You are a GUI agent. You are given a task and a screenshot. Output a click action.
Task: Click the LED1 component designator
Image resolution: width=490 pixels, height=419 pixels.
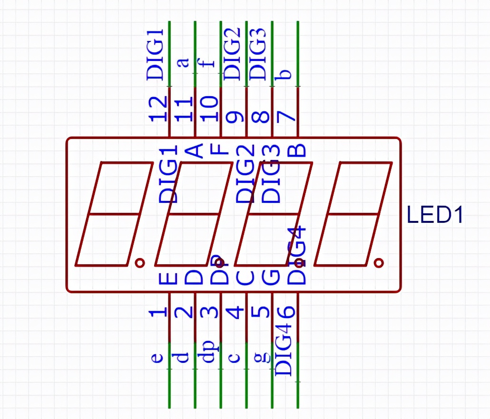[x=435, y=215]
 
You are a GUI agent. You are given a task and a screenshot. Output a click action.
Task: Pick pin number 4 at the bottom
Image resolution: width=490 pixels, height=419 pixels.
[x=235, y=312]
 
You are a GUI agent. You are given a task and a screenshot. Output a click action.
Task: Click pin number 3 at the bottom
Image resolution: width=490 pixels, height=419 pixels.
[x=210, y=312]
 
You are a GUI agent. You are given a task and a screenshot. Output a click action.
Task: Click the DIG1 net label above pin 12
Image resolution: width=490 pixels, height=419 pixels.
[x=156, y=54]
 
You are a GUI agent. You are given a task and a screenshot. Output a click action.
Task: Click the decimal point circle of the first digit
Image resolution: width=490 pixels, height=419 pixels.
[x=139, y=262]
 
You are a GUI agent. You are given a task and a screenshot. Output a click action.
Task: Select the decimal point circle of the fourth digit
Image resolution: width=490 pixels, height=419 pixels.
[x=379, y=262]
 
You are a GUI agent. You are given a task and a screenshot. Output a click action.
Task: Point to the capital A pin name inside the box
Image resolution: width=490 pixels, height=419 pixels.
[x=194, y=151]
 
